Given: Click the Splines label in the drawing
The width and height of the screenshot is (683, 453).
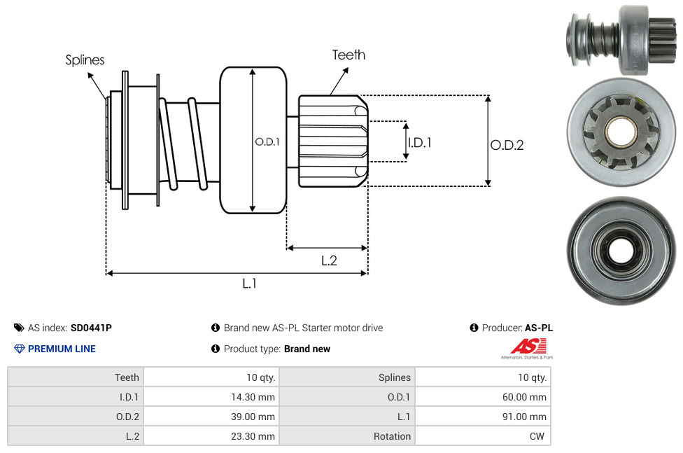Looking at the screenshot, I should (85, 60).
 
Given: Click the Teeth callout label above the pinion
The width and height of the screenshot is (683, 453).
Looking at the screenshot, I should (348, 55).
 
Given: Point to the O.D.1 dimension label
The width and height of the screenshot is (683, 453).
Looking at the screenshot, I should (267, 141).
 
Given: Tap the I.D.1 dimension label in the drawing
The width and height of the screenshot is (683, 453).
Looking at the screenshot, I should (419, 142).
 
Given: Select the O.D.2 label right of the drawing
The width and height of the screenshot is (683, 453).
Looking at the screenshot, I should (507, 145).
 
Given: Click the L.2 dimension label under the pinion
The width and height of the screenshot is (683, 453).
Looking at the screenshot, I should (329, 260).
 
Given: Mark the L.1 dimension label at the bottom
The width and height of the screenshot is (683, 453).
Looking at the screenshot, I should (250, 284).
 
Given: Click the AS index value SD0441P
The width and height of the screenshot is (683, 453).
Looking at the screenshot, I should (91, 328).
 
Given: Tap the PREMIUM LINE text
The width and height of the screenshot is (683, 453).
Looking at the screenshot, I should (62, 349).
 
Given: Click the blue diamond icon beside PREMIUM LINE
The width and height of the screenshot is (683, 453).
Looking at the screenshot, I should (19, 349).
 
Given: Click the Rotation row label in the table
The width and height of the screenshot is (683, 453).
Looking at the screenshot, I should (392, 436).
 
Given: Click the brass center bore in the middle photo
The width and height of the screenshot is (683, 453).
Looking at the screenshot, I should (619, 131).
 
